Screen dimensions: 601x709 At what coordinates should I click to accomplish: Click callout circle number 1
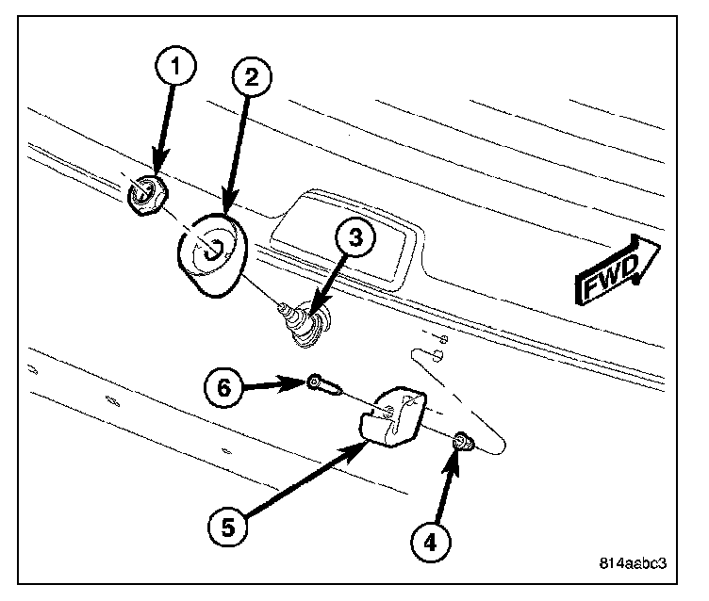point(175,66)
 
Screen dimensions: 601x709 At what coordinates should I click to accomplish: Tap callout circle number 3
point(354,239)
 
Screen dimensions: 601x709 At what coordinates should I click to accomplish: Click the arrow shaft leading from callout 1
point(165,122)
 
